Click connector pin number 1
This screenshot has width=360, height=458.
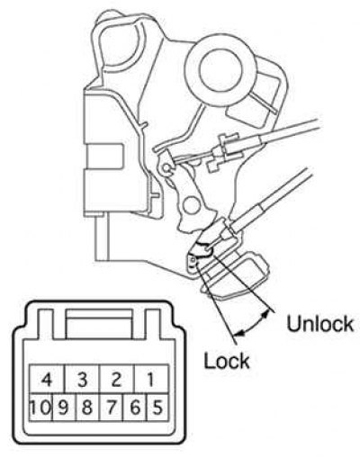[151, 379]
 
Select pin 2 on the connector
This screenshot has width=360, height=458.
[117, 379]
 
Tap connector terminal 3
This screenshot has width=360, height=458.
[82, 379]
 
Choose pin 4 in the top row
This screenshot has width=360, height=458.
[47, 379]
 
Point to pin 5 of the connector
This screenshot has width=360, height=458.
[157, 407]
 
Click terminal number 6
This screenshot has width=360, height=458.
[135, 407]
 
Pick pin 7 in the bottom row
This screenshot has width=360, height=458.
[112, 407]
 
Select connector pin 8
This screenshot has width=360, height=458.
[88, 407]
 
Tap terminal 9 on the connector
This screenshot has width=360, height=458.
[64, 407]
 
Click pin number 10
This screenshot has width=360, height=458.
[40, 407]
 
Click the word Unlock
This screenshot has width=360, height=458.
[319, 324]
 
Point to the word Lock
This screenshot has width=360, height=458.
[227, 360]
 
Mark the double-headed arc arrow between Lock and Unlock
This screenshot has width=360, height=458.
[253, 326]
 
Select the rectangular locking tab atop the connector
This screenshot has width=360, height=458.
[99, 324]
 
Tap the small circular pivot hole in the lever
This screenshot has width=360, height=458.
[192, 205]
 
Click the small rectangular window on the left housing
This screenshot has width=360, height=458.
[104, 156]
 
